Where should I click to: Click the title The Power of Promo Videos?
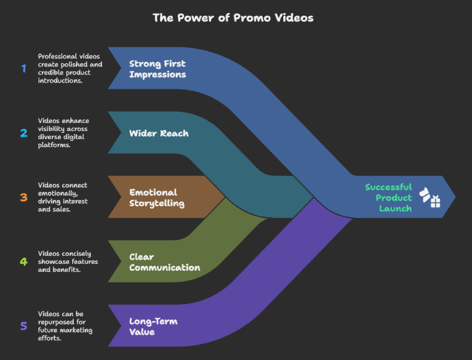[233, 17]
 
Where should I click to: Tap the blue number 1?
[24, 68]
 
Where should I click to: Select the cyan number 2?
[24, 133]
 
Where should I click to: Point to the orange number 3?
[24, 197]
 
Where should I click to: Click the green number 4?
[24, 261]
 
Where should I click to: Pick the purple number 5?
[24, 326]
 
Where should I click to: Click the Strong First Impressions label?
[157, 69]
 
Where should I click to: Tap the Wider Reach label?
[158, 133]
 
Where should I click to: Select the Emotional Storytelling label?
[157, 197]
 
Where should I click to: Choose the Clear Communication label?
[164, 262]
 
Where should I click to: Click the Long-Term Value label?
[153, 326]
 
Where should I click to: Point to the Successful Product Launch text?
[388, 197]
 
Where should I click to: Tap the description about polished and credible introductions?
[70, 68]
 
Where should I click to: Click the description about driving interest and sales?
[63, 197]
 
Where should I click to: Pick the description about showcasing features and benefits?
[68, 261]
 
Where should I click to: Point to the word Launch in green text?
[395, 209]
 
